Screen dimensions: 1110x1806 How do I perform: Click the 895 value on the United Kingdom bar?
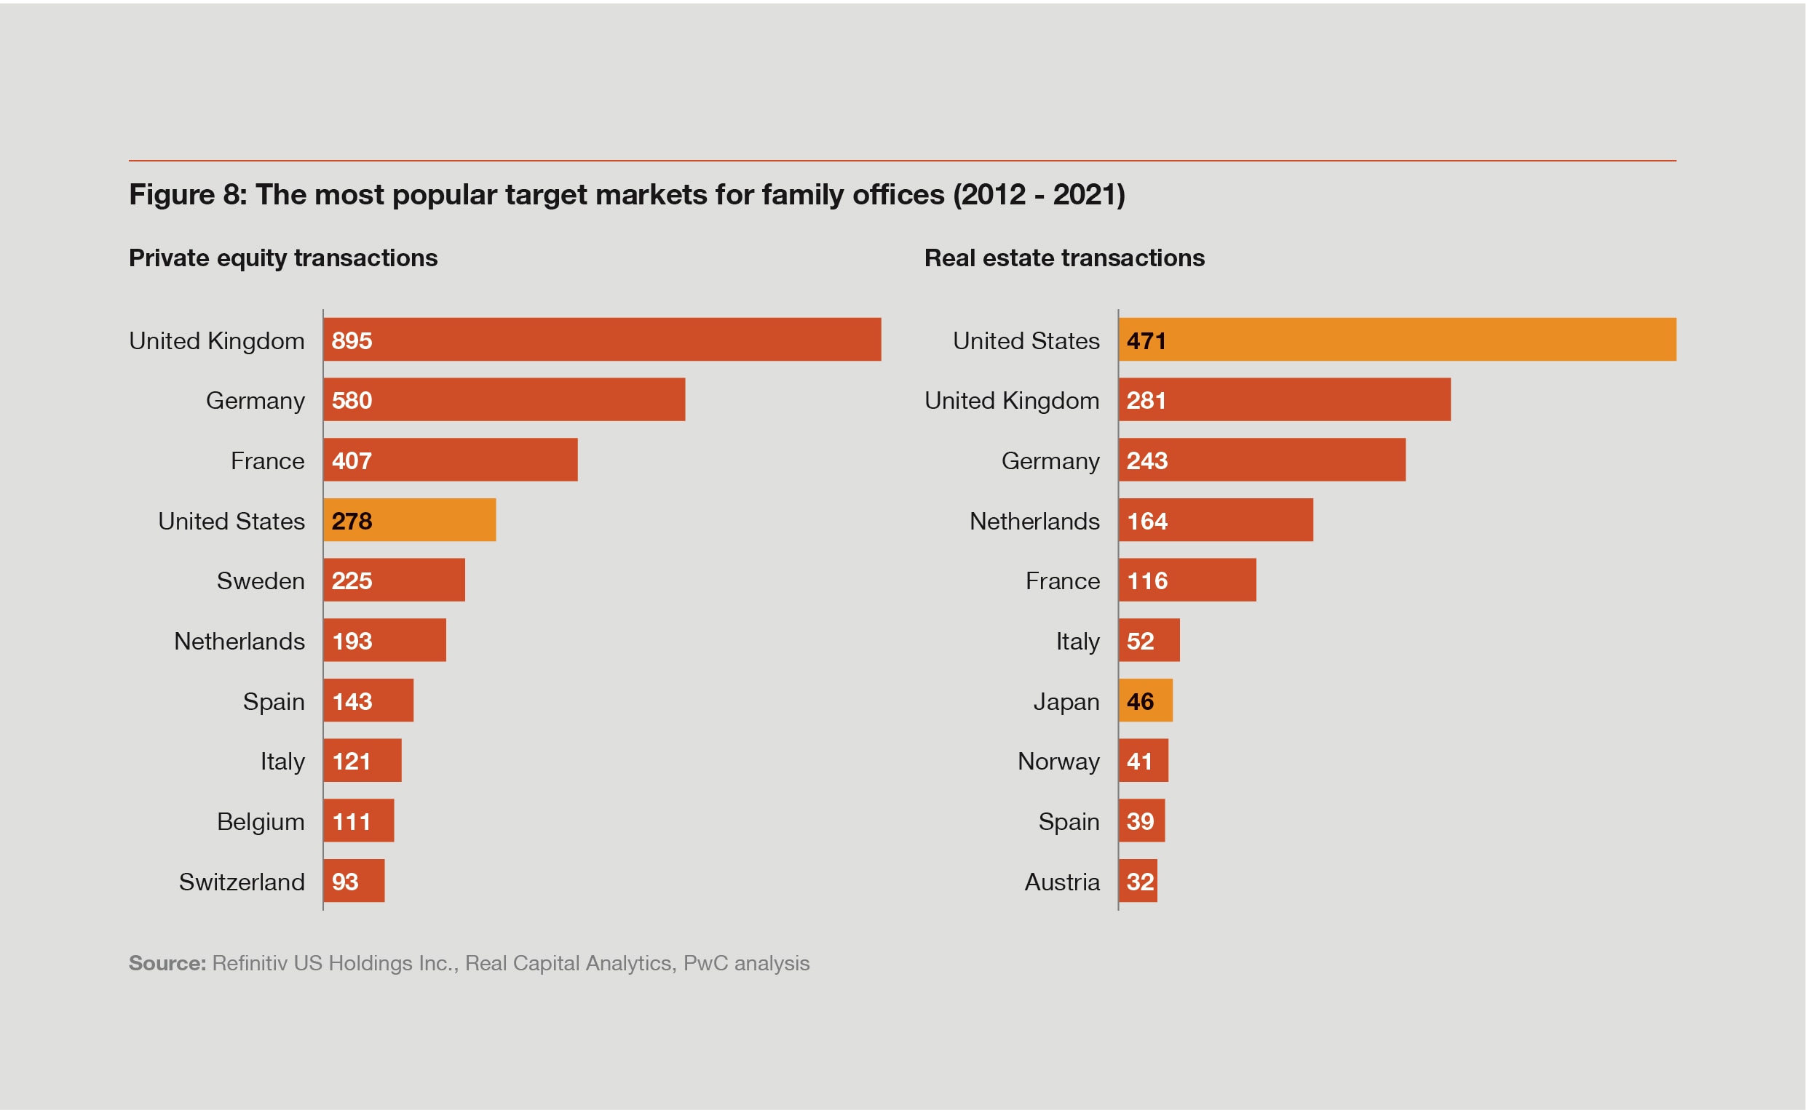click(351, 340)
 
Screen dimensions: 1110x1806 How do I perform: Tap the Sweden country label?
click(260, 580)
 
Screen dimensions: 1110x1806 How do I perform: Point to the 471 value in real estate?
click(1146, 340)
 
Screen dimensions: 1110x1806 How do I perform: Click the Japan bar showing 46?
click(1146, 701)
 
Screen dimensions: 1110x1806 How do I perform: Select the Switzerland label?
click(242, 882)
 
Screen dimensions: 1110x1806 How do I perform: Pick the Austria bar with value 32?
click(1138, 881)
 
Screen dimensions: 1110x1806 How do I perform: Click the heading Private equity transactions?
click(282, 257)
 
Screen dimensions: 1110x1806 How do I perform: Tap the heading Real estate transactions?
click(1064, 257)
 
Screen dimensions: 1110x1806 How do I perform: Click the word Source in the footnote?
click(167, 963)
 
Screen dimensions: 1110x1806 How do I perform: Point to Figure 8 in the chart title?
click(186, 194)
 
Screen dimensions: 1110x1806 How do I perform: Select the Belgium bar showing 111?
click(358, 820)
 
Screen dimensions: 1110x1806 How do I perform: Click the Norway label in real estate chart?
click(1058, 762)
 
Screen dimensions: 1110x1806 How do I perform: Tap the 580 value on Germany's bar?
click(351, 400)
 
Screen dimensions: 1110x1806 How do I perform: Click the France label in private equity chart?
click(267, 461)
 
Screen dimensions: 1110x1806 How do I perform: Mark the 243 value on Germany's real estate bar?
click(1146, 461)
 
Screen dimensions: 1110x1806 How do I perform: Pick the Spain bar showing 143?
click(368, 701)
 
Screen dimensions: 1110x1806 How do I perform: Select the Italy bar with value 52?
click(1149, 641)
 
